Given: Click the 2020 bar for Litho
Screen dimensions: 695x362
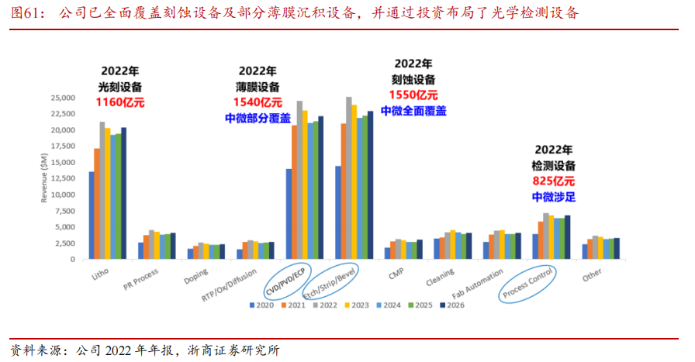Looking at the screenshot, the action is pos(92,215).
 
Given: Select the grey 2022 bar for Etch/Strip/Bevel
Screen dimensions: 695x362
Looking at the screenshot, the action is pos(349,178).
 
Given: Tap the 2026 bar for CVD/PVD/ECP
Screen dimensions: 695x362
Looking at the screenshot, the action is pos(321,188).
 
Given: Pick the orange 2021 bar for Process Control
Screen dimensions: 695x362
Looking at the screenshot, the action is pos(541,240).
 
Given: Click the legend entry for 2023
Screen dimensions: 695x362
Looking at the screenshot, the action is pos(357,305).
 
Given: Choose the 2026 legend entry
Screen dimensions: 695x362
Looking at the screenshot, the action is pos(452,305).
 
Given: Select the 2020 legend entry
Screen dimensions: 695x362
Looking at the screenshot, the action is pos(261,305).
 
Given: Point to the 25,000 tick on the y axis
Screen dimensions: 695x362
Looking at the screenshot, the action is pos(63,98).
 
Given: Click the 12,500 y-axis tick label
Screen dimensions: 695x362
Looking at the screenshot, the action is pos(63,178).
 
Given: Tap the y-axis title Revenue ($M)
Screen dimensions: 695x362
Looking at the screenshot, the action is pos(44,178).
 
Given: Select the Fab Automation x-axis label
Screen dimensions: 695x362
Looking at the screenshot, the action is pos(477,284).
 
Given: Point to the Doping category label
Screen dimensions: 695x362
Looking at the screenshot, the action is pos(196,277).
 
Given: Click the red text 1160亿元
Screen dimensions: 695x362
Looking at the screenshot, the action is pos(120,103).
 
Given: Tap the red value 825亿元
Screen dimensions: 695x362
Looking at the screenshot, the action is pos(554,181).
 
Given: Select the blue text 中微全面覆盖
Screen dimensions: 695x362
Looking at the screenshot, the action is pos(413,111).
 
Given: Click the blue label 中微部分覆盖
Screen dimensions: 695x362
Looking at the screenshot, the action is pos(258,119).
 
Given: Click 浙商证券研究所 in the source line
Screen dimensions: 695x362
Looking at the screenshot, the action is pos(233,350).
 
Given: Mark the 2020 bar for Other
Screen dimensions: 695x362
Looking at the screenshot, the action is pos(585,252).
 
